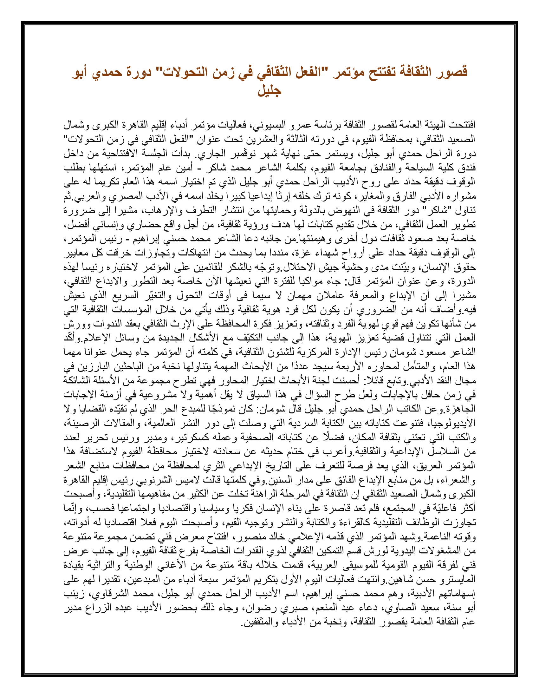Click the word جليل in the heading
click(x=269, y=90)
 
